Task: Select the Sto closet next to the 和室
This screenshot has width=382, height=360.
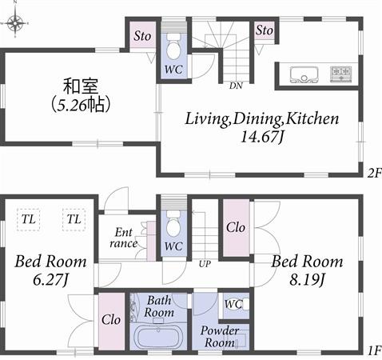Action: (x=142, y=36)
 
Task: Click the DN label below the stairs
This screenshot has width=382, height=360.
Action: (x=236, y=85)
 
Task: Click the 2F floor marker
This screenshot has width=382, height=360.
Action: (x=373, y=172)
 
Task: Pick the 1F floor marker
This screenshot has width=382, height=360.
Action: (x=373, y=350)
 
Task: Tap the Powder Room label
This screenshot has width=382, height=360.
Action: (x=219, y=337)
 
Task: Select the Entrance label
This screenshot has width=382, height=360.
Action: (x=123, y=238)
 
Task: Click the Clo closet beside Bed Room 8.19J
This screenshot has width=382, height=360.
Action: (x=235, y=227)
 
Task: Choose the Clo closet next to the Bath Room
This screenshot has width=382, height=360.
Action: (x=111, y=319)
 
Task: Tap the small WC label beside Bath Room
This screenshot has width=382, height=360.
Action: (x=233, y=304)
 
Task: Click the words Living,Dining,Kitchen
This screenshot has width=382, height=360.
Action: (x=262, y=119)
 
